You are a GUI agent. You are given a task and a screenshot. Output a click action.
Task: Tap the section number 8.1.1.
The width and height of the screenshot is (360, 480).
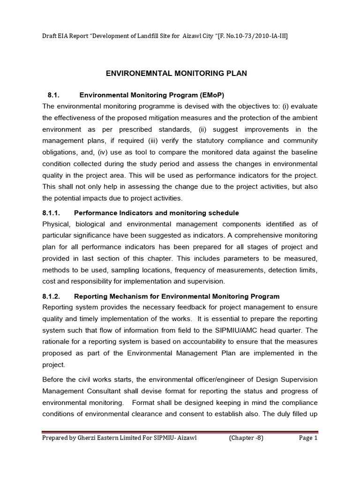(x=53, y=213)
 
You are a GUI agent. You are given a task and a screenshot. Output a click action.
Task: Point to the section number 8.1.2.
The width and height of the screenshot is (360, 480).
(x=53, y=296)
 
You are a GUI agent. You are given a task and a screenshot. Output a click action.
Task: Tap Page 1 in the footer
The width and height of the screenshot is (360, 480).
(x=308, y=438)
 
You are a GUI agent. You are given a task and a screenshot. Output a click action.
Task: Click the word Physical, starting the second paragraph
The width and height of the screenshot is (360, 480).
(x=56, y=224)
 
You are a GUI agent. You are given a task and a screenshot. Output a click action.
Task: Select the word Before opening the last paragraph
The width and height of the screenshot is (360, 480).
(x=54, y=380)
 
